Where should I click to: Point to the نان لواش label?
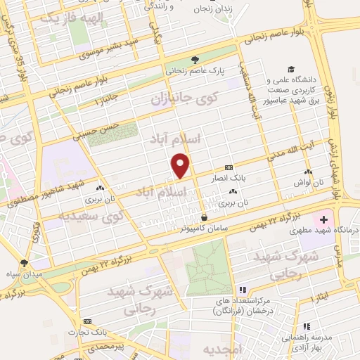(x=308, y=181)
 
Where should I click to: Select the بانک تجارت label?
(x=82, y=332)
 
